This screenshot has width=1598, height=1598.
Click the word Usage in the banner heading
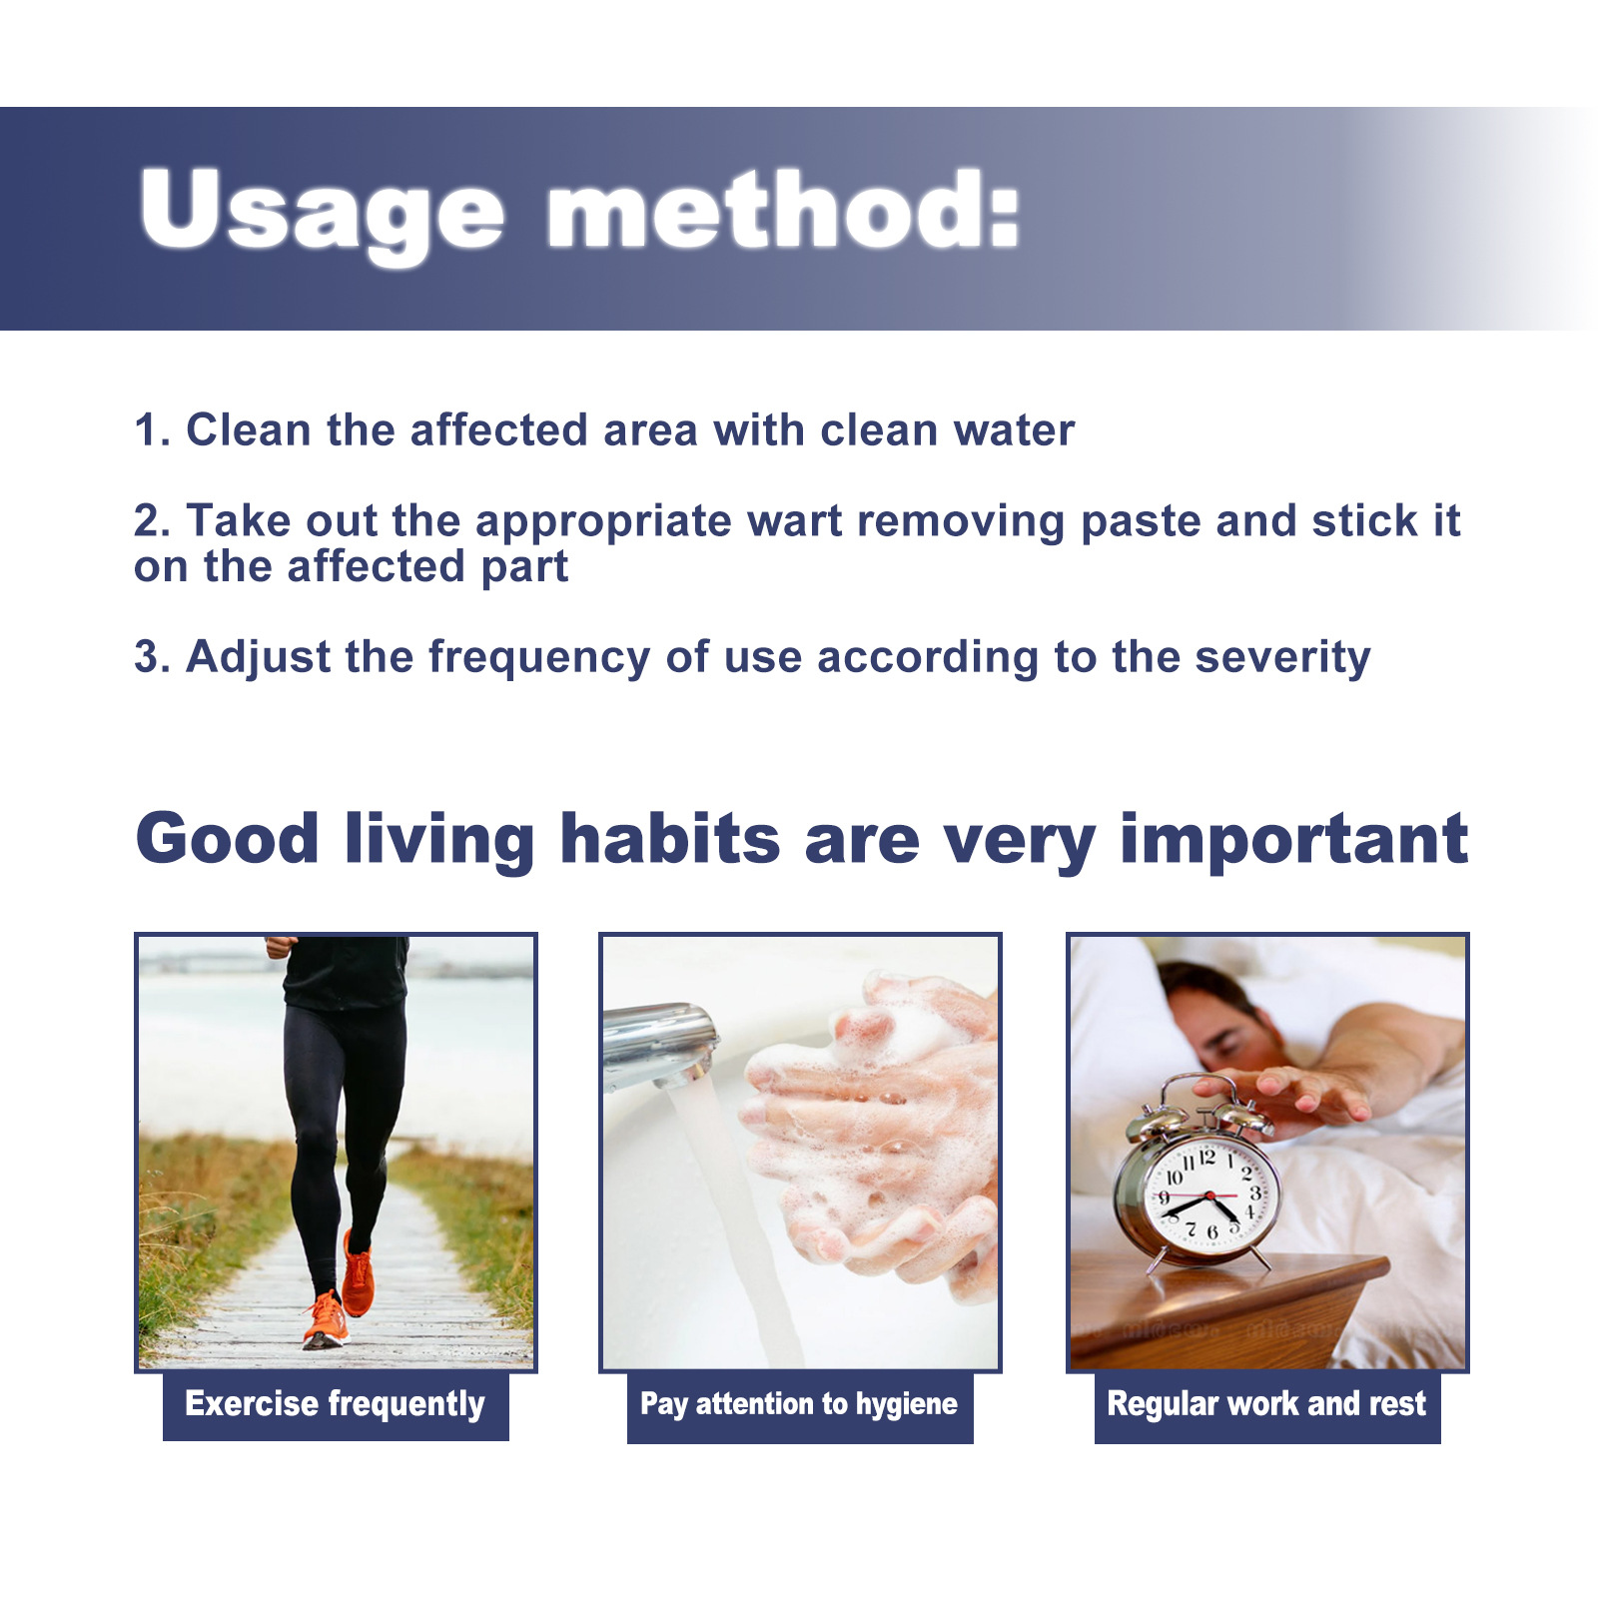[x=323, y=212]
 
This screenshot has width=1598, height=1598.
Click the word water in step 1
[x=1014, y=430]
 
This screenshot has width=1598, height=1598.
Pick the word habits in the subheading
[x=670, y=838]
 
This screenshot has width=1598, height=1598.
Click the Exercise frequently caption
[x=336, y=1405]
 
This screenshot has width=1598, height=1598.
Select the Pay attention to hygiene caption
[x=799, y=1404]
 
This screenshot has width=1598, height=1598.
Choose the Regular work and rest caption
[x=1266, y=1404]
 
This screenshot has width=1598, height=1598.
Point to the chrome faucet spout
[x=659, y=1045]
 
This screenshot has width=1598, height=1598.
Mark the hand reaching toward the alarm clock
[x=1288, y=1095]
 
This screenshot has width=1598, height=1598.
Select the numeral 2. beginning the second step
[x=153, y=521]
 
